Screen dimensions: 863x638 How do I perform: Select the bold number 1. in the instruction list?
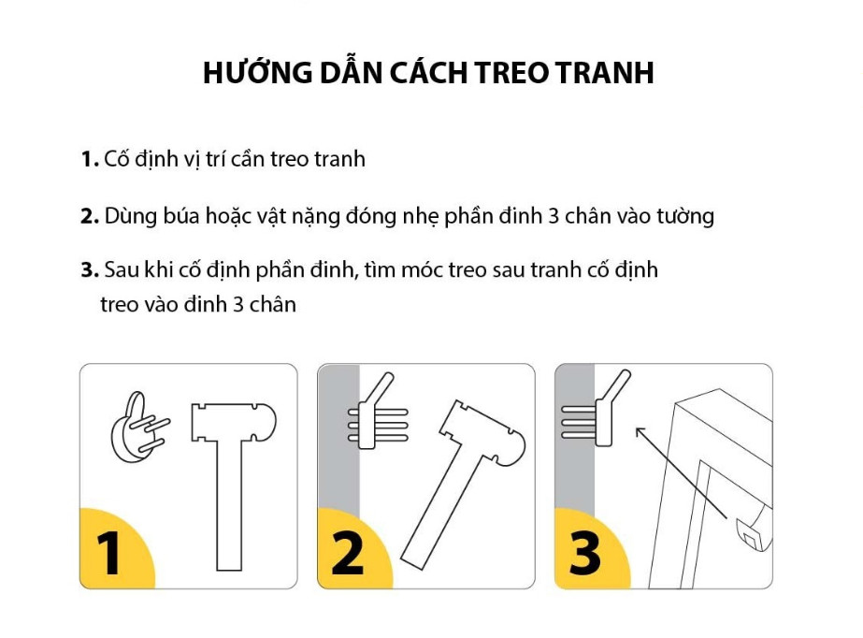coord(90,160)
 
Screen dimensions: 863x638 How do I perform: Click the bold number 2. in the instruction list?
coord(90,216)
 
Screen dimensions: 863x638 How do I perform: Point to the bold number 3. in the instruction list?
coord(90,270)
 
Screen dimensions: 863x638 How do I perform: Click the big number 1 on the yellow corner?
coord(108,553)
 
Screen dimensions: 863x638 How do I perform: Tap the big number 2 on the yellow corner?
coord(347,553)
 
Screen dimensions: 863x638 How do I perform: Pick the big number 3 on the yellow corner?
coord(584,553)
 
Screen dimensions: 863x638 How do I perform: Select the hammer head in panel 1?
coord(234,422)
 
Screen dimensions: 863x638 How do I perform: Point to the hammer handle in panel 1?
coord(229,505)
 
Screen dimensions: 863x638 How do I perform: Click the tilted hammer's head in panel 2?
coord(482,433)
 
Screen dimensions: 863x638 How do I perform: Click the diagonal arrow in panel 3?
coord(681,472)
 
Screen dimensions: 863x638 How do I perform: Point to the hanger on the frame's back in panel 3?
coord(753,529)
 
